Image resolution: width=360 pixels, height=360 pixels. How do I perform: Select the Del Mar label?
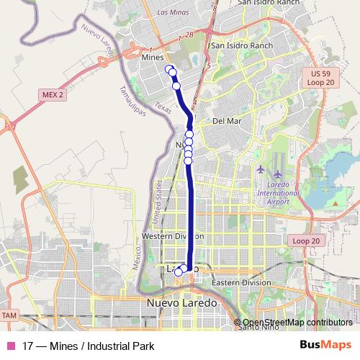(227, 121)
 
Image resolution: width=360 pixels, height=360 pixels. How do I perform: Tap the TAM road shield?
(9, 315)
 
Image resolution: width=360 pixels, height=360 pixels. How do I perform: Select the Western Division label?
(173, 236)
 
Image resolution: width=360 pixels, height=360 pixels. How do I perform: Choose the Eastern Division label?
(242, 282)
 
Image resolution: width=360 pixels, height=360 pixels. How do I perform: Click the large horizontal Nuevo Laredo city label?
(181, 303)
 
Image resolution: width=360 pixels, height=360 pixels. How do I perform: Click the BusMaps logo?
(325, 346)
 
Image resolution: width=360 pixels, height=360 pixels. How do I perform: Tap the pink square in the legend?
(10, 346)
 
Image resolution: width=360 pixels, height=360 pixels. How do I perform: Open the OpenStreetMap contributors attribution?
(297, 322)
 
